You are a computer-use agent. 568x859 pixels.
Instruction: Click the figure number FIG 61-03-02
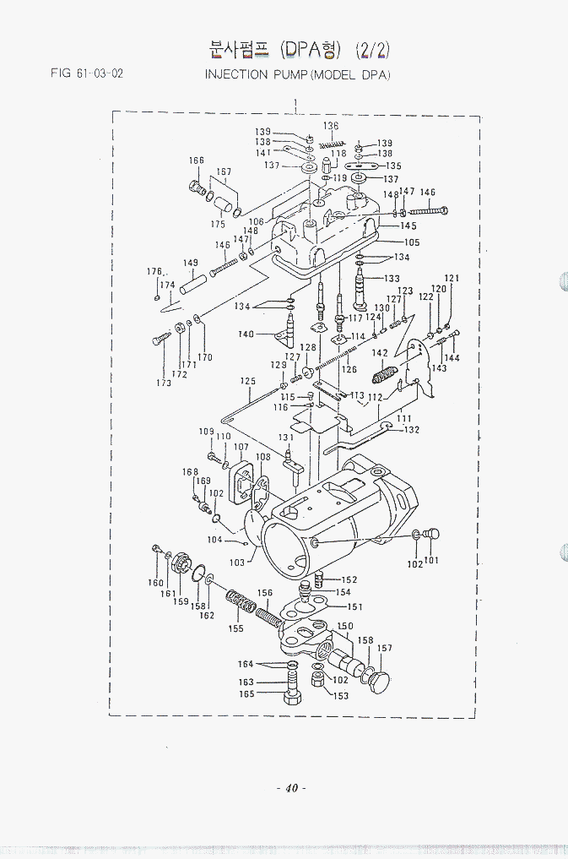point(87,73)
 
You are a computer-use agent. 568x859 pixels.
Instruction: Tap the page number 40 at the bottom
point(290,788)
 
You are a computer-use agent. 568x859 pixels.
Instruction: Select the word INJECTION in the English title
point(236,74)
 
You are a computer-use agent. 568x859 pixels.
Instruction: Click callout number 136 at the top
point(331,126)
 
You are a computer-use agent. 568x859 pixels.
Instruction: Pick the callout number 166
point(197,160)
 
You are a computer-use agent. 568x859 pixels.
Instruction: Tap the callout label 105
point(411,242)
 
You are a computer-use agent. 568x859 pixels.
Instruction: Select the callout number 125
point(247,381)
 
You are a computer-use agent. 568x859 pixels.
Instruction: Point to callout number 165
point(246,694)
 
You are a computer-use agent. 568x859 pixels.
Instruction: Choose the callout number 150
point(345,626)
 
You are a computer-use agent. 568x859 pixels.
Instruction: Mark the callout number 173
point(164,383)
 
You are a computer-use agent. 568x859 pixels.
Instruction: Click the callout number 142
point(380,352)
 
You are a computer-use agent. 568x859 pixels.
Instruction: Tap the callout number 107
point(241,447)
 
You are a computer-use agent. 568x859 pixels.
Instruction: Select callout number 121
point(452,278)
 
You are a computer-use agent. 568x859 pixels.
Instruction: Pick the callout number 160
point(156,583)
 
